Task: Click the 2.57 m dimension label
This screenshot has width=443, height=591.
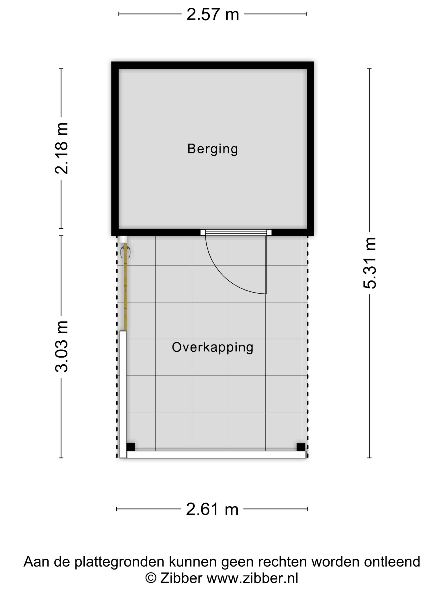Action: [x=213, y=14]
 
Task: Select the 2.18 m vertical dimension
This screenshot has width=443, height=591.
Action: [x=61, y=149]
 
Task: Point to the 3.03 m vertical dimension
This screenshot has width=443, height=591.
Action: [x=61, y=347]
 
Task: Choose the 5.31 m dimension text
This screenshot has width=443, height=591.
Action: [x=370, y=263]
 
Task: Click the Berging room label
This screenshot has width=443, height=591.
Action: [x=213, y=149]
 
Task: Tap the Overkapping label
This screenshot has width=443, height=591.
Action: [x=213, y=347]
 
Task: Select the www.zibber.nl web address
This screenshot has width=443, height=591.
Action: [x=252, y=578]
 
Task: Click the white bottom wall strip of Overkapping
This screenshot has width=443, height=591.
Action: [x=216, y=455]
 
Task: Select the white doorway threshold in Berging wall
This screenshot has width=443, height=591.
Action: [x=236, y=232]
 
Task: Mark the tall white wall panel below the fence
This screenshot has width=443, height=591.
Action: [x=123, y=394]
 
